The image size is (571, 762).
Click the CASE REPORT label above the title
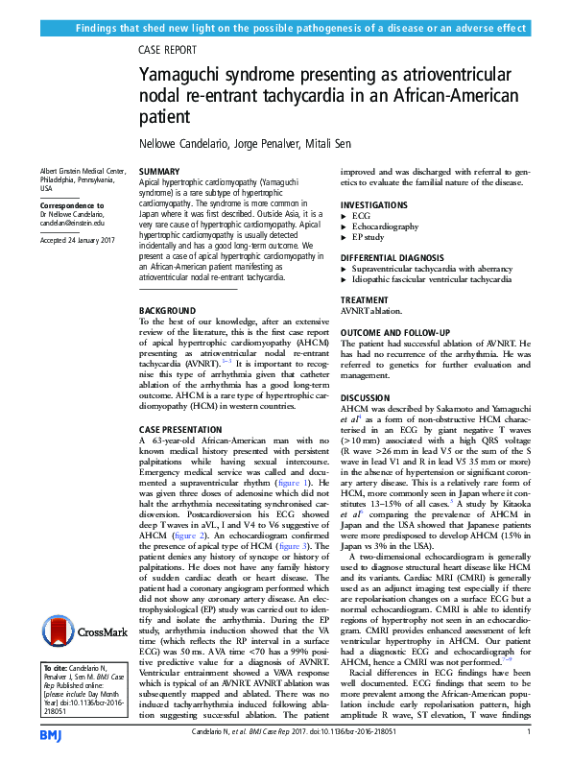[168, 50]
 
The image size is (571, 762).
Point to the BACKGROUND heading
[165, 311]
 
